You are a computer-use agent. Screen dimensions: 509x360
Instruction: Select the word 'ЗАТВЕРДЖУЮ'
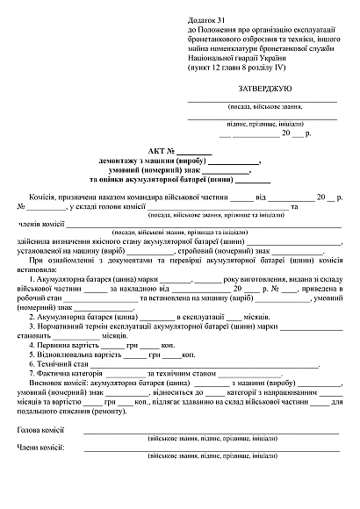coord(265,90)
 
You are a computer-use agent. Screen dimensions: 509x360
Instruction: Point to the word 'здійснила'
coord(34,241)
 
